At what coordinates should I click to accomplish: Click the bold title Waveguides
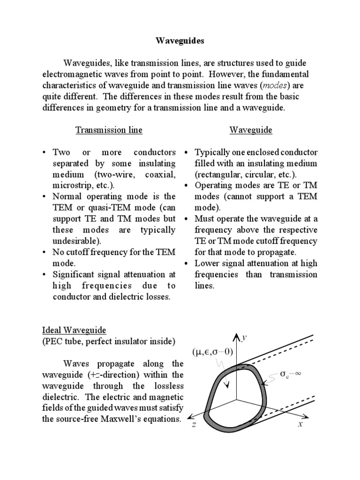[x=180, y=41]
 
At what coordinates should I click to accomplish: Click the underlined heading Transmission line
[x=109, y=130]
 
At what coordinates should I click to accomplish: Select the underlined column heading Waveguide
[x=251, y=130]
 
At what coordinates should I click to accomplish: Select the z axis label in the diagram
[x=192, y=424]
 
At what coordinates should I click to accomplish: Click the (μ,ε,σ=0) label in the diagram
[x=212, y=352]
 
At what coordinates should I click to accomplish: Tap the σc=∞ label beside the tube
[x=291, y=375]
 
